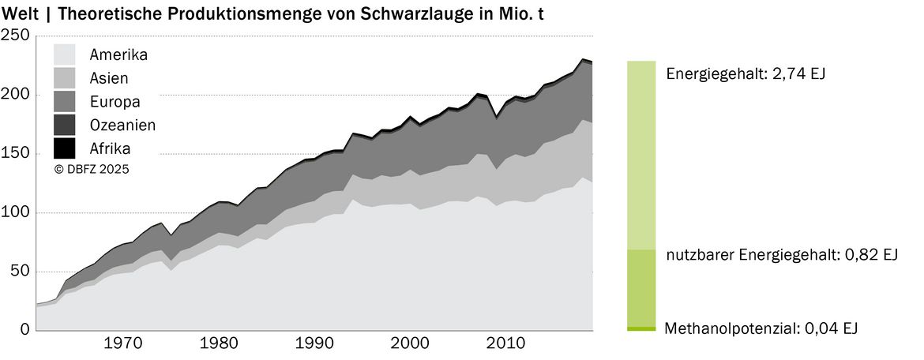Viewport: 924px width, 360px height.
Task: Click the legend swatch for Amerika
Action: (x=64, y=54)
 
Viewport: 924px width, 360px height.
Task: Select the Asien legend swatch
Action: (x=64, y=78)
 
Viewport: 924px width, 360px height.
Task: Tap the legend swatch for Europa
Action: (x=64, y=101)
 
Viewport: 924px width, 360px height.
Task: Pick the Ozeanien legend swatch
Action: (x=64, y=125)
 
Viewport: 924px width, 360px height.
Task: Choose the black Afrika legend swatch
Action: (x=64, y=148)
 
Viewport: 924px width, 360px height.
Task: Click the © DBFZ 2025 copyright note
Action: (x=92, y=169)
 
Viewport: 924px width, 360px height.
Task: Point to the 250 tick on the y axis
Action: (x=15, y=36)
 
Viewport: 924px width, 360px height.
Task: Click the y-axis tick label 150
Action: (x=15, y=154)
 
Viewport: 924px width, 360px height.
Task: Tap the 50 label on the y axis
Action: (x=20, y=272)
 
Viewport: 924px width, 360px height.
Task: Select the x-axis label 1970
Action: (x=117, y=343)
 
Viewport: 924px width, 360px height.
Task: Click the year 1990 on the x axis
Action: (x=309, y=343)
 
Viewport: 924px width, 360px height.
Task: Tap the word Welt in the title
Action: (x=20, y=15)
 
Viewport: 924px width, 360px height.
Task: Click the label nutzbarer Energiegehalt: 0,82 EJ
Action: (x=782, y=255)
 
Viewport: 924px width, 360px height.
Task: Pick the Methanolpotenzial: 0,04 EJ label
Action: (x=761, y=328)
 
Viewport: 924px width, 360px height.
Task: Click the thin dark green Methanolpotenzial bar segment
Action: (x=642, y=328)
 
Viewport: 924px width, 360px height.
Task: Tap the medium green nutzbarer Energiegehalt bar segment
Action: (x=642, y=287)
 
